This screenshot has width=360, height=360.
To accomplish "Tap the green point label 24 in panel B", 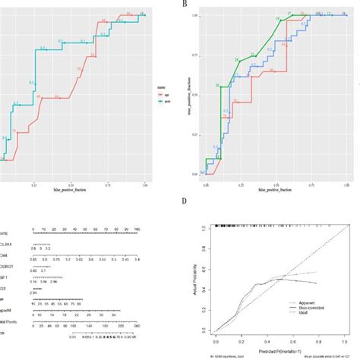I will tap(236, 58).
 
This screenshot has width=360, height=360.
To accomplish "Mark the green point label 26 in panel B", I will tap(217, 85).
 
